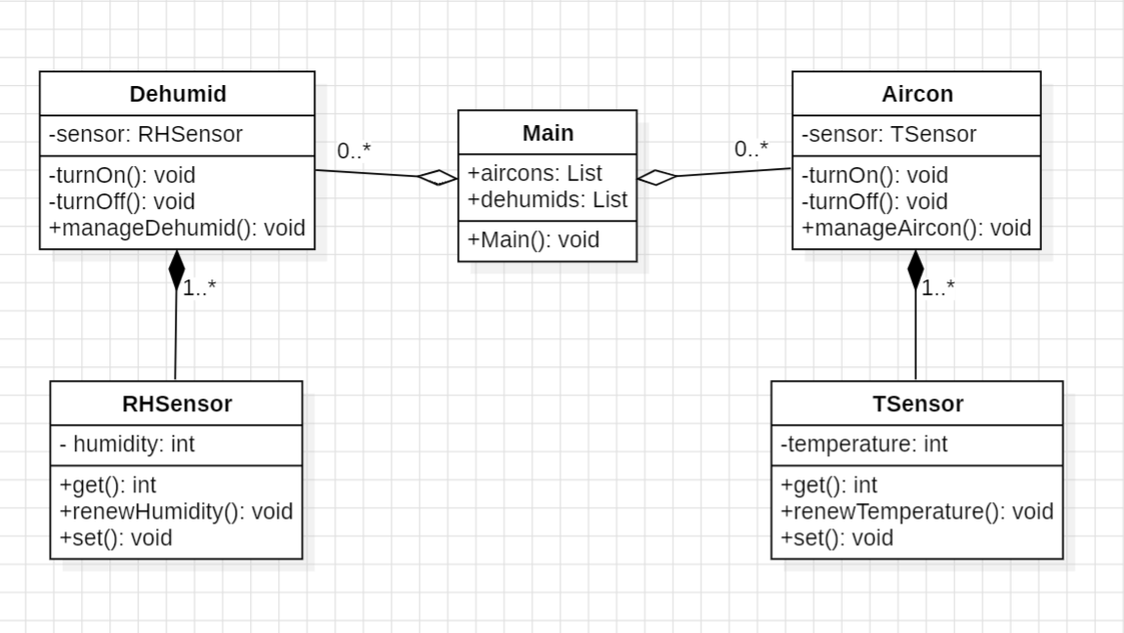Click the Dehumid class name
(x=178, y=94)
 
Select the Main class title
(x=548, y=133)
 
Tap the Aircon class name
(x=917, y=94)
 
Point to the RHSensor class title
(x=177, y=403)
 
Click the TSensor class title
(x=917, y=403)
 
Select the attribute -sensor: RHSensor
(x=146, y=135)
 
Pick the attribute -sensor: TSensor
(x=889, y=135)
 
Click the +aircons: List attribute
(x=535, y=174)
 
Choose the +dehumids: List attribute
(x=548, y=199)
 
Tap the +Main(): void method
(x=533, y=239)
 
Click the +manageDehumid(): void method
(x=177, y=228)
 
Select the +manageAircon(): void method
(x=916, y=228)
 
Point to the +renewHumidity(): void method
(x=176, y=511)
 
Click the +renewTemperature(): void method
(x=917, y=511)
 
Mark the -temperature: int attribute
(x=863, y=444)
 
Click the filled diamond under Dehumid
(x=176, y=270)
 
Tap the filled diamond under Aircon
(x=915, y=270)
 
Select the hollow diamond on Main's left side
(x=437, y=177)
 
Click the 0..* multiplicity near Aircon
(x=751, y=149)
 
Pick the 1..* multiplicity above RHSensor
(x=199, y=288)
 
